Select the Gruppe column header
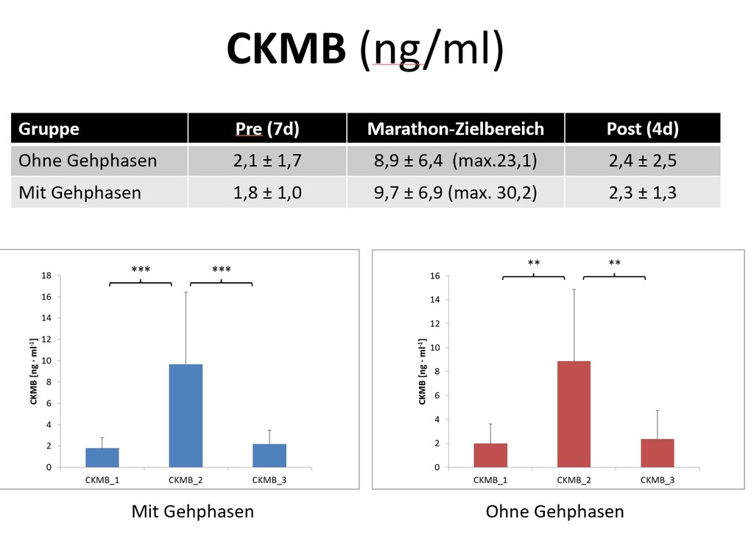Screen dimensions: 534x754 [49, 129]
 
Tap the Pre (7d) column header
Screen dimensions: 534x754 [267, 129]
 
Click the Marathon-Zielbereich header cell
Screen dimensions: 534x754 [456, 129]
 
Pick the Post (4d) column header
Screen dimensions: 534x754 [642, 129]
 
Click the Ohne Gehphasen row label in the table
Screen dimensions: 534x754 [88, 161]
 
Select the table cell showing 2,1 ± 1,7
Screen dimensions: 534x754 [267, 161]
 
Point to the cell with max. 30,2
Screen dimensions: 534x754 [456, 193]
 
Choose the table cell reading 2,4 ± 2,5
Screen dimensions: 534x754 [642, 161]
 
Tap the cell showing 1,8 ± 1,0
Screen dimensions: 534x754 [267, 193]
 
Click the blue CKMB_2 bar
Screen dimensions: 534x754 [186, 416]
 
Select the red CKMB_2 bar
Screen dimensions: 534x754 [574, 414]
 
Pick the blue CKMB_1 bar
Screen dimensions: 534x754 [102, 457]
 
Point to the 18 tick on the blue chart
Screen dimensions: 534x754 [46, 275]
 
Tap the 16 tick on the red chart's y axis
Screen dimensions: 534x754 [434, 275]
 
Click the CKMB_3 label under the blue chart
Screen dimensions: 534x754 [269, 479]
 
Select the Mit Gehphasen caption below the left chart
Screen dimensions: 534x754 [193, 511]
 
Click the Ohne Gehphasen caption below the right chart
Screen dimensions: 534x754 [554, 511]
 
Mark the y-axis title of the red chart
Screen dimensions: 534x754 [422, 372]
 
